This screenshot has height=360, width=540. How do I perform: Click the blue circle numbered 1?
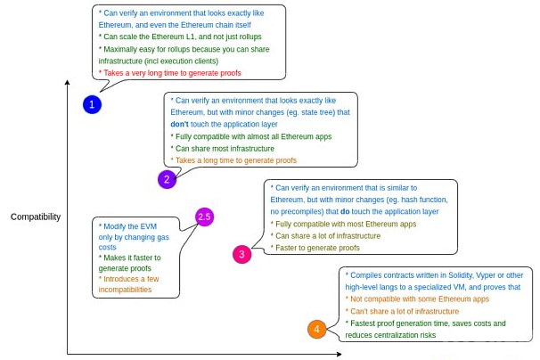(93, 104)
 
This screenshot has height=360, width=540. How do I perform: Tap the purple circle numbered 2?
(167, 179)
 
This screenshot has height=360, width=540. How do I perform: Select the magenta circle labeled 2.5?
(204, 217)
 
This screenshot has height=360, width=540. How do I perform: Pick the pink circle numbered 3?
(242, 254)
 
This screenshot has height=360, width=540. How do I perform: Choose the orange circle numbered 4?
(316, 330)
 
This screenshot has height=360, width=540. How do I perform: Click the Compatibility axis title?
(36, 217)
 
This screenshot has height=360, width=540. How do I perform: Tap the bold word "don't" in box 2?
(180, 125)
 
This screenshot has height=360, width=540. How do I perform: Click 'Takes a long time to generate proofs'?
(233, 160)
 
